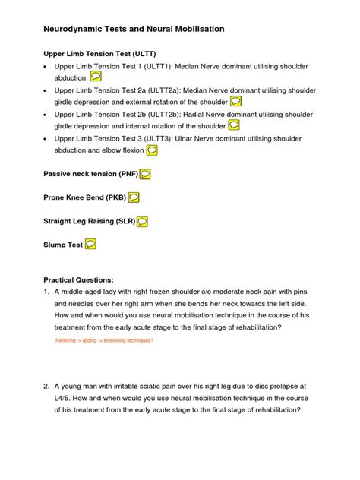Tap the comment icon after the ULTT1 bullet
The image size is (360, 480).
[x=96, y=77]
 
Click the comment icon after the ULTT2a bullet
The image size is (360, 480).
[x=236, y=101]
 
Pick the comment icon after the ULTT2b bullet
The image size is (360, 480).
[x=234, y=125]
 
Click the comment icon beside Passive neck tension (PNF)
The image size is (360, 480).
[x=145, y=174]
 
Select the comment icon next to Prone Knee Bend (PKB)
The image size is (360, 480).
[x=134, y=197]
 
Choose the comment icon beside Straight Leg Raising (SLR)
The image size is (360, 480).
[x=142, y=221]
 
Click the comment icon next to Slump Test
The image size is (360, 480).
[x=90, y=245]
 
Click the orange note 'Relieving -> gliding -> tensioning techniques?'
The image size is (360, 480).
[x=105, y=341]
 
